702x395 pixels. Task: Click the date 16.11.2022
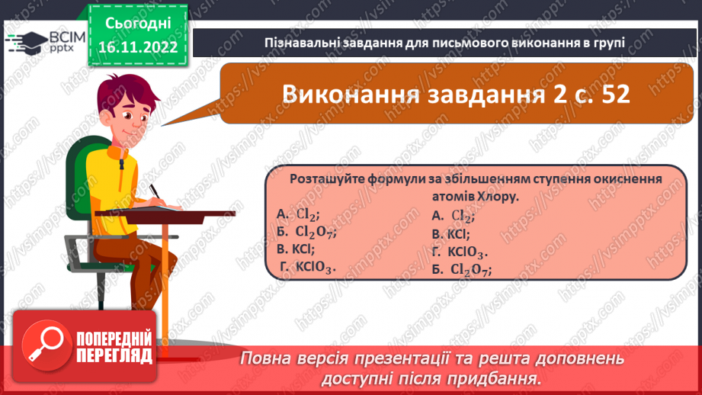coord(137,48)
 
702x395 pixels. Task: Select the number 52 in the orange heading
coord(612,95)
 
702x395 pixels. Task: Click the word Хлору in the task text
coord(496,196)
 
